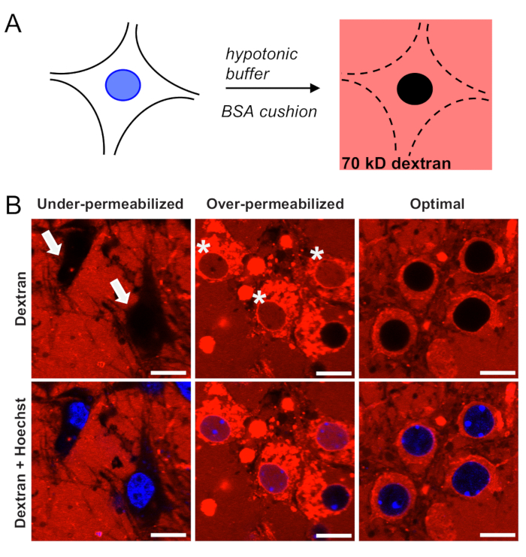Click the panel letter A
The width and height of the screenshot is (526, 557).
pyautogui.click(x=13, y=23)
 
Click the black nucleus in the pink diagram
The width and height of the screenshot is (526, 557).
pyautogui.click(x=415, y=89)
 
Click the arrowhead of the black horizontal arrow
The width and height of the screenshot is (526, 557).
pyautogui.click(x=315, y=88)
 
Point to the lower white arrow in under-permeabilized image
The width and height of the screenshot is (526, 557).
pyautogui.click(x=121, y=289)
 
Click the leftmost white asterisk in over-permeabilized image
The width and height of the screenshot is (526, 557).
pyautogui.click(x=204, y=247)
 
